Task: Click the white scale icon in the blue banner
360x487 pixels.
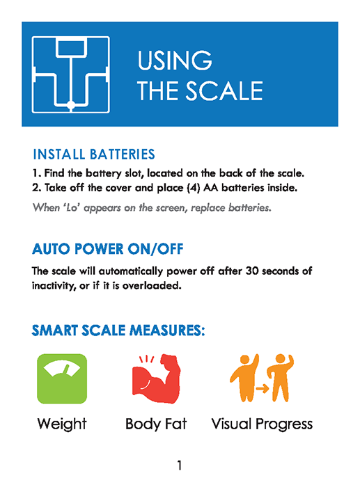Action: point(70,74)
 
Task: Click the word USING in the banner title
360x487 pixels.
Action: point(175,60)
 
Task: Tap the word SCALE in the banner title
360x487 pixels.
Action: point(224,90)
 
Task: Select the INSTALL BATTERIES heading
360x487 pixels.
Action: point(94,154)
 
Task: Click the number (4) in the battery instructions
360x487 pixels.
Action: point(194,188)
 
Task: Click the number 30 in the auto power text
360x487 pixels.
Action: point(252,271)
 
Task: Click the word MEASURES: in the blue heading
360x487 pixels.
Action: point(167,330)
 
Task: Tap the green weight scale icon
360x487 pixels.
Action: point(62,378)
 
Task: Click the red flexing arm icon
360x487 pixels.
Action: point(157,378)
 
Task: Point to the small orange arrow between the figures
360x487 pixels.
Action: point(263,388)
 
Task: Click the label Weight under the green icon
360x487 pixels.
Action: point(62,424)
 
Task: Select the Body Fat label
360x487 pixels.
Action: point(156,424)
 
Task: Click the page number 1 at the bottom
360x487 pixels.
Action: point(180,465)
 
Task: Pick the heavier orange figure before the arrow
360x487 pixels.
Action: point(244,377)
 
